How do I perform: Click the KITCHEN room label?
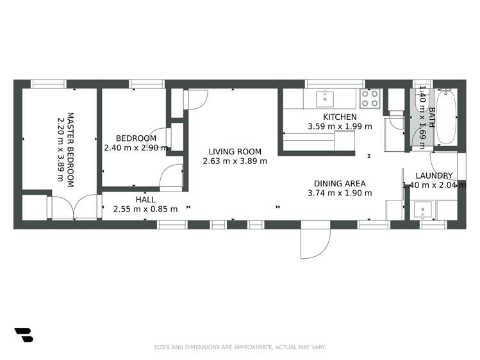coord(340,117)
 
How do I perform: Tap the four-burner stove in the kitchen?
coord(370,98)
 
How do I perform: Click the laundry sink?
coord(422,209)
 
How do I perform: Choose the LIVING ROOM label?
coord(235,152)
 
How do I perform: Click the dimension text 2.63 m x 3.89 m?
coord(235,161)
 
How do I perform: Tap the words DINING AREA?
coord(340,183)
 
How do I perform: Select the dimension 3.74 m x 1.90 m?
coord(340,193)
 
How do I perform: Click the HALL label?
coord(145,199)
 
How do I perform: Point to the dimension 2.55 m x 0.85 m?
coord(145,209)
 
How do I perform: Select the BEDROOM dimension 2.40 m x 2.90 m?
coord(136,148)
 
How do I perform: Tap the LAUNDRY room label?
coord(434,176)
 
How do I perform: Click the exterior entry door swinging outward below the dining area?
coord(315,242)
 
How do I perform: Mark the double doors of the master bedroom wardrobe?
coord(75,208)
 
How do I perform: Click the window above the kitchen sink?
coord(334,84)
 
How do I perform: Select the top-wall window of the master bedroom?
coord(49,84)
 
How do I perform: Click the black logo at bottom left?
coord(24,334)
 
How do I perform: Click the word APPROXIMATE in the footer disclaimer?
coord(254,347)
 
